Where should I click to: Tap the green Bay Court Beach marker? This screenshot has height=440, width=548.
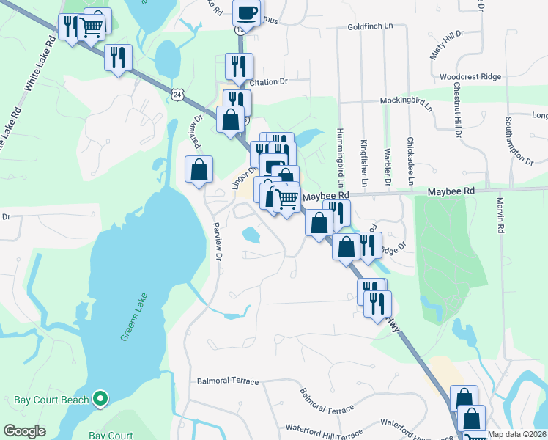click(101, 400)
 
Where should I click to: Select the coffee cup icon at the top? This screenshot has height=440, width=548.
click(247, 12)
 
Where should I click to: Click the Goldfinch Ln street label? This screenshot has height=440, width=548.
click(371, 26)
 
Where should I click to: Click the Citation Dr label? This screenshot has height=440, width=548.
click(272, 82)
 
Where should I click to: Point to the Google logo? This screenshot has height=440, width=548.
click(24, 431)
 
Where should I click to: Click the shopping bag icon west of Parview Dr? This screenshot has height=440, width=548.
click(199, 169)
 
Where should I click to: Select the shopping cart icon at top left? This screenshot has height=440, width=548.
click(92, 26)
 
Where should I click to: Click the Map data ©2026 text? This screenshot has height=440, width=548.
click(517, 434)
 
